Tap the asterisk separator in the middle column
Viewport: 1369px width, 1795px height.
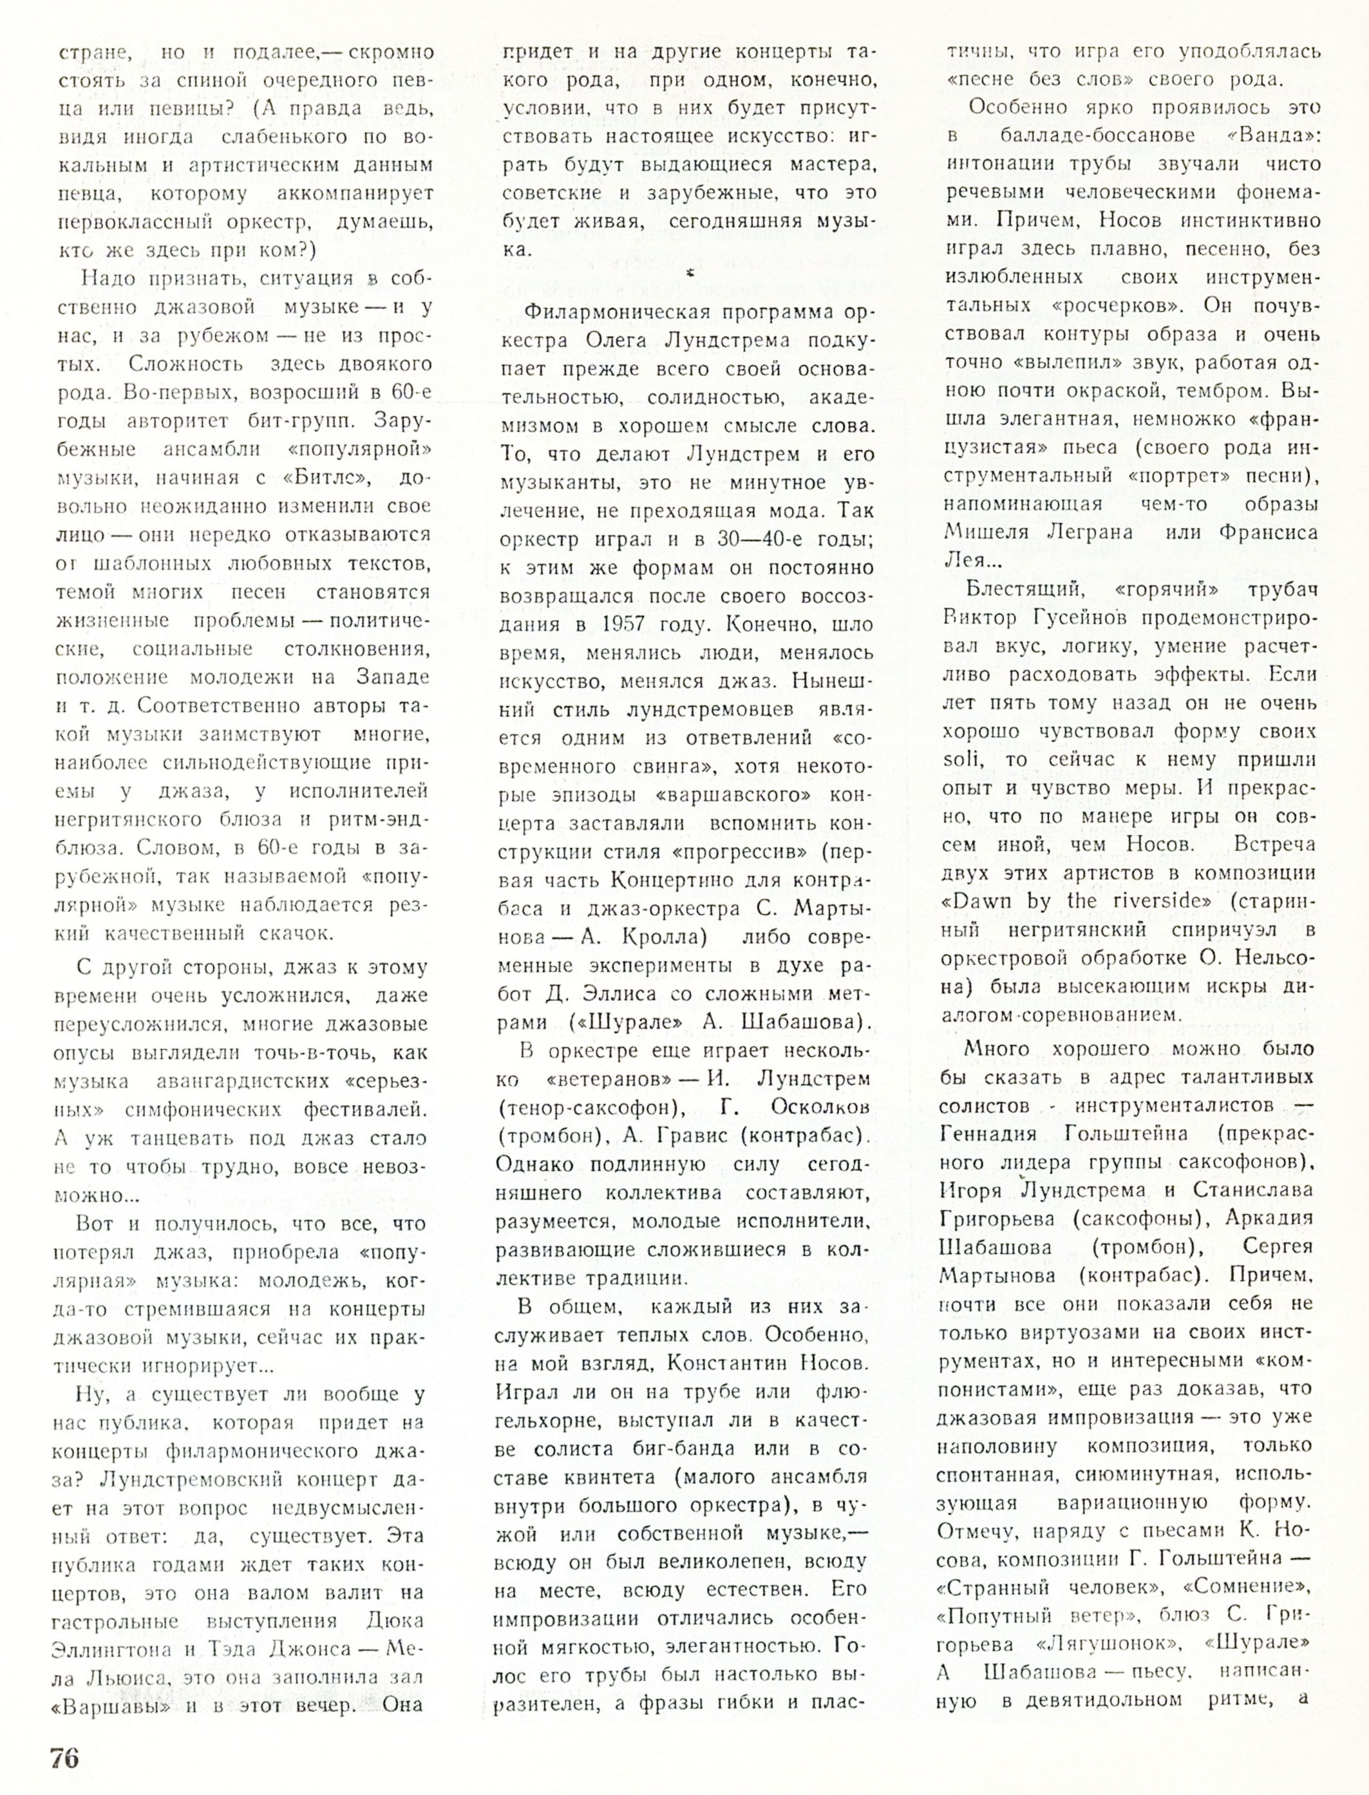[x=690, y=275]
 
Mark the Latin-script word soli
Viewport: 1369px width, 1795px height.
[x=961, y=761]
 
